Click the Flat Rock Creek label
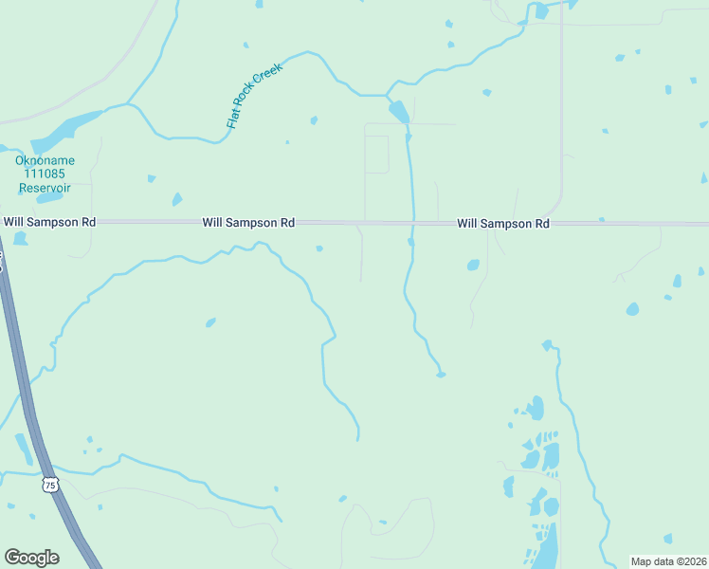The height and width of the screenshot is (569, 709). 255,95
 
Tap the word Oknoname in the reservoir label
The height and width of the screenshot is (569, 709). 44,160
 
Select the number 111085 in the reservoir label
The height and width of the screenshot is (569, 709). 44,174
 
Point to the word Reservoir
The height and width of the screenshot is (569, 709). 44,187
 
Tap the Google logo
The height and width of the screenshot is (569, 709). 31,558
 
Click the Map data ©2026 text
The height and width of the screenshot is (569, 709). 668,560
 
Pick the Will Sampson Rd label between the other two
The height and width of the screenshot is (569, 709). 248,223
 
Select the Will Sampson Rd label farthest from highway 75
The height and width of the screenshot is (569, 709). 503,224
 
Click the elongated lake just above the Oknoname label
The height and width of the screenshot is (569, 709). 66,131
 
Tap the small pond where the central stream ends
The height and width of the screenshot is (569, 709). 441,375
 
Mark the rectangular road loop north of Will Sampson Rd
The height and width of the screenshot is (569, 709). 377,154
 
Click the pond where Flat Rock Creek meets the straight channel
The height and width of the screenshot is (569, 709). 400,112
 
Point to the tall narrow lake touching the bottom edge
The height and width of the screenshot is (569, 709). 548,545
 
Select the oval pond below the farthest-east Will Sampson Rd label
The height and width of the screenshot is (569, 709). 473,266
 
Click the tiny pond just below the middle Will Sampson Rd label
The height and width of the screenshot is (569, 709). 319,249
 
